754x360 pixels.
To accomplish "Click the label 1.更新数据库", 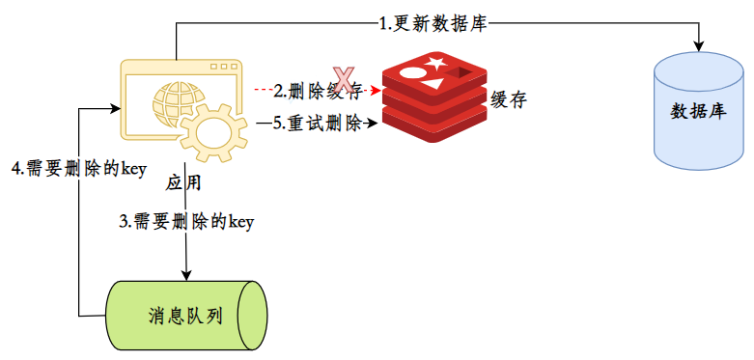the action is pyautogui.click(x=433, y=24).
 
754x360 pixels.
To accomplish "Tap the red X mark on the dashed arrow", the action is pyautogui.click(x=344, y=80).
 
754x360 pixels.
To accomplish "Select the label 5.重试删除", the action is pyautogui.click(x=318, y=124).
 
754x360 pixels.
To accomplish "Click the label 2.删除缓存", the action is pyautogui.click(x=318, y=90).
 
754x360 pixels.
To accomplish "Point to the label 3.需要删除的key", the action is pyautogui.click(x=186, y=222).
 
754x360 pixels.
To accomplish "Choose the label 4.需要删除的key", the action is pyautogui.click(x=79, y=169).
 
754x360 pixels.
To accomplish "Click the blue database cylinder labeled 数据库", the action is pyautogui.click(x=698, y=111).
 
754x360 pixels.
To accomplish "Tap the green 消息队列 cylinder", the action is pyautogui.click(x=187, y=315).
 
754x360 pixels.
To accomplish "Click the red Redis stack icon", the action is pyautogui.click(x=434, y=97).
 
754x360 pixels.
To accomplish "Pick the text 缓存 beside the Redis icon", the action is pyautogui.click(x=509, y=100).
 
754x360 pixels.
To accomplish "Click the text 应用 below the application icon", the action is pyautogui.click(x=183, y=182).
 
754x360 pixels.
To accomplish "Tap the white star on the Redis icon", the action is pyautogui.click(x=434, y=63).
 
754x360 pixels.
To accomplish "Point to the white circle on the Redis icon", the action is pyautogui.click(x=411, y=73).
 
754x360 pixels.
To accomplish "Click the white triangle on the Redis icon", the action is pyautogui.click(x=433, y=84).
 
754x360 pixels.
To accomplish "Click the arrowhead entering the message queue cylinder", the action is pyautogui.click(x=186, y=274).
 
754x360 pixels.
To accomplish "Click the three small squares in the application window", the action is pyautogui.click(x=222, y=67).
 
